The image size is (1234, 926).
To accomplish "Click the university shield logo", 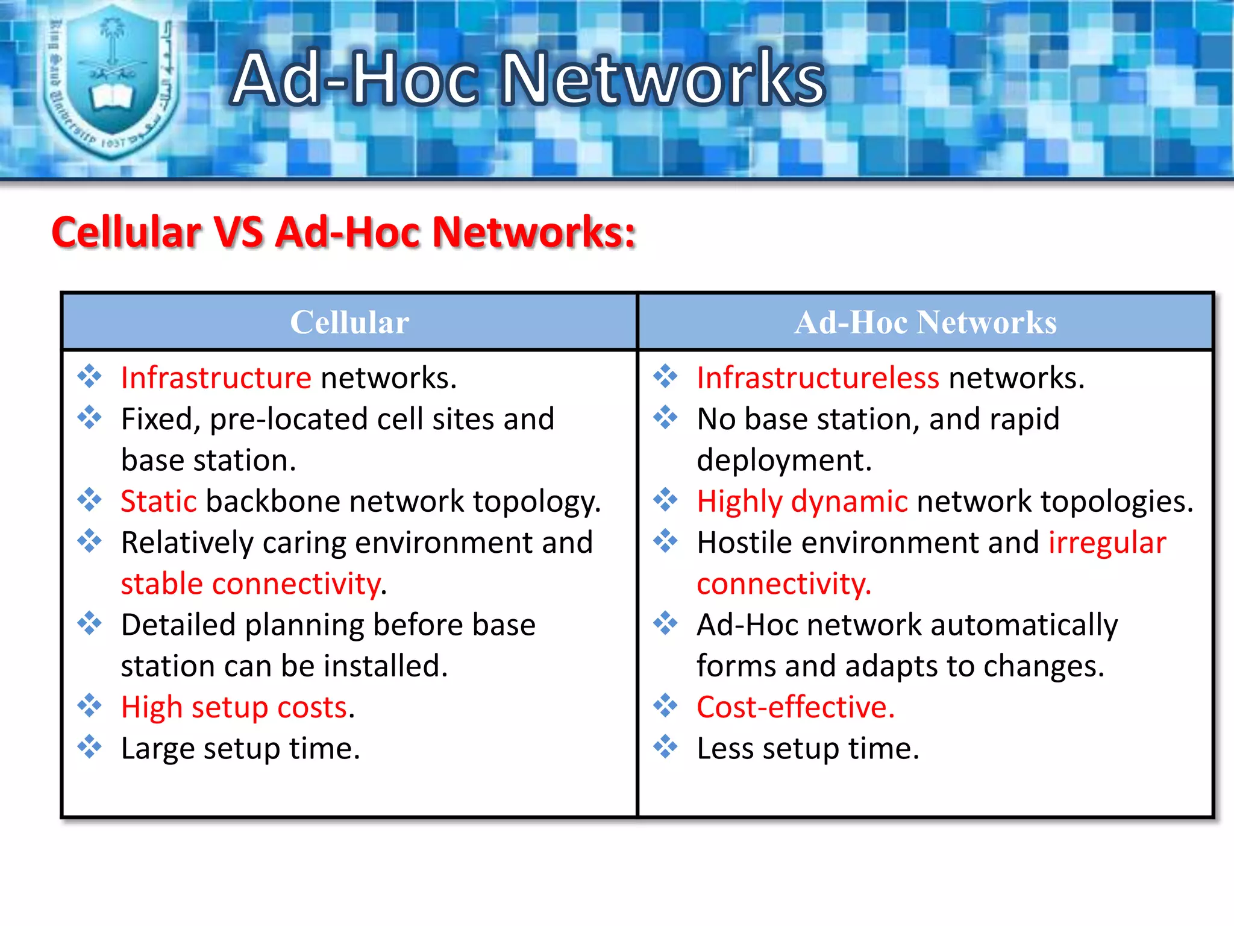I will point(112,81).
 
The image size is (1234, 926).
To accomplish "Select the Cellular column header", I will point(349,323).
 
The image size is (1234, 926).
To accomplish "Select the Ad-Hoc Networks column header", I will point(925,323).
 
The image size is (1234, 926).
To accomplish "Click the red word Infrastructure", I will point(216,379).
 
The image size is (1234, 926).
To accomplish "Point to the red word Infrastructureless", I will point(817,379).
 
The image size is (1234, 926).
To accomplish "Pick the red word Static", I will point(158,502).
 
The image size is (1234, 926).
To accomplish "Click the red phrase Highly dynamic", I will point(801,502).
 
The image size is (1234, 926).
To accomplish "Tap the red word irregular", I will point(1107,543).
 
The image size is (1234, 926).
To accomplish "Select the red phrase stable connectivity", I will point(251,584).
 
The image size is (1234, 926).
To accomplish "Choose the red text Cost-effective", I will point(795,707).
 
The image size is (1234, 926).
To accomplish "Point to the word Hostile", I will point(744,543).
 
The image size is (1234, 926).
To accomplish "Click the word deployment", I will point(783,461).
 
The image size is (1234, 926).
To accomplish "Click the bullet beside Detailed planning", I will point(89,623).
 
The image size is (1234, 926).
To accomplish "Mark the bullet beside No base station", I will point(665,417).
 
